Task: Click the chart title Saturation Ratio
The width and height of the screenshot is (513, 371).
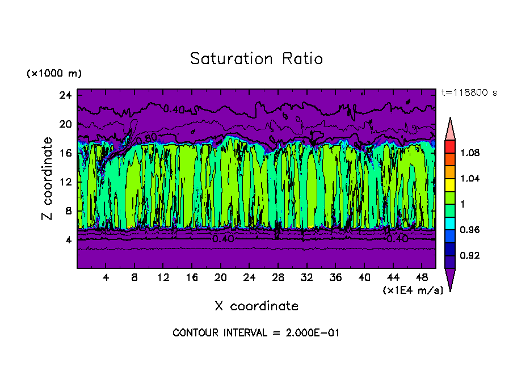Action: pos(256,59)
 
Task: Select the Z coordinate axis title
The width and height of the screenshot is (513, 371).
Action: pos(47,178)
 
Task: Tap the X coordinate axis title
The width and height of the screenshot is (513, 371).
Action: pos(256,306)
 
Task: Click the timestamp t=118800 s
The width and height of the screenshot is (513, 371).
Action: pos(469,93)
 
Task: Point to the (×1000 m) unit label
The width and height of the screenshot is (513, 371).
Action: pos(54,74)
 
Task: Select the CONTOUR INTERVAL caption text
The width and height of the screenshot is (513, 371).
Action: pos(256,333)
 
